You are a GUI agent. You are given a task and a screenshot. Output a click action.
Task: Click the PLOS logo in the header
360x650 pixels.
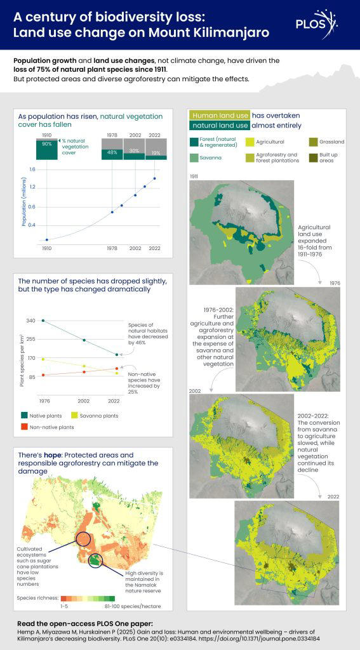316,25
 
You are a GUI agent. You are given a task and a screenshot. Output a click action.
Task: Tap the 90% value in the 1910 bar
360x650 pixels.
46,144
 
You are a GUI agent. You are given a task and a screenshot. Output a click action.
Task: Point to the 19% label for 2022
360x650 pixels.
155,153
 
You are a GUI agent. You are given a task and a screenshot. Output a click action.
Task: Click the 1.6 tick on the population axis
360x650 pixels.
32,169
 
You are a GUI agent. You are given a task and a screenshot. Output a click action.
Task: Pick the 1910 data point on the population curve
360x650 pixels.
46,239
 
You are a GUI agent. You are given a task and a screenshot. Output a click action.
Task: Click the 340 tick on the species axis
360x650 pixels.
31,321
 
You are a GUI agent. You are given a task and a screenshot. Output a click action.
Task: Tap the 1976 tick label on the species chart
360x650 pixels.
44,401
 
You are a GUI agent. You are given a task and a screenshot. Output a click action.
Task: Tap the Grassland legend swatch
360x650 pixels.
314,142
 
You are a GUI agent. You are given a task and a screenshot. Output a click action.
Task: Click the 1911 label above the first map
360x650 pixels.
195,175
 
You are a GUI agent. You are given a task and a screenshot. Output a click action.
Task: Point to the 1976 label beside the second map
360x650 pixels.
335,283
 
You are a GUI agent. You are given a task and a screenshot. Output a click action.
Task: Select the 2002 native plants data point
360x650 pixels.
84,340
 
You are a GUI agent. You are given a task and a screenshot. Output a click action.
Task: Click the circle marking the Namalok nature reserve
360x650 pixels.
95,560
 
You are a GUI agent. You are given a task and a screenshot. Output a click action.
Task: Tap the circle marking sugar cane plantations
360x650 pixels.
83,540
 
